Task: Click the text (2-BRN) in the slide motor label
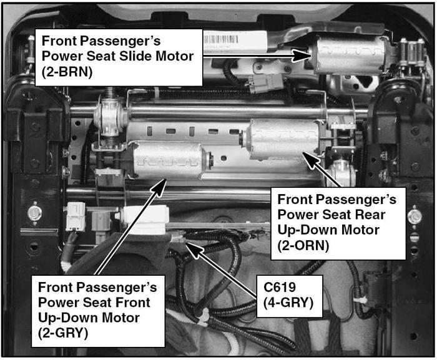pos(67,72)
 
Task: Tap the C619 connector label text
pos(280,287)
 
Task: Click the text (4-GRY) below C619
pos(288,303)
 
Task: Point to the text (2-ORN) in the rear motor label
pos(303,245)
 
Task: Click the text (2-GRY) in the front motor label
pos(63,333)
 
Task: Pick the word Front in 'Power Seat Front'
pos(133,303)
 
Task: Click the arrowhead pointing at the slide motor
pos(302,56)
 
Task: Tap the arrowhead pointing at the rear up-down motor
pos(310,160)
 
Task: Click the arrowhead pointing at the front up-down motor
pos(159,188)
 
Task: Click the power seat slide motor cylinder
pos(348,56)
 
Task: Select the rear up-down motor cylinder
pos(282,139)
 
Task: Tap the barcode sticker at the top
pos(221,39)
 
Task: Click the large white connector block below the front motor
pos(145,220)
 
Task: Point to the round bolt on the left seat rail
pos(34,213)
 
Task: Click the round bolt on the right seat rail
pos(415,216)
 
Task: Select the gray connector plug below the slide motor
pos(265,83)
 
